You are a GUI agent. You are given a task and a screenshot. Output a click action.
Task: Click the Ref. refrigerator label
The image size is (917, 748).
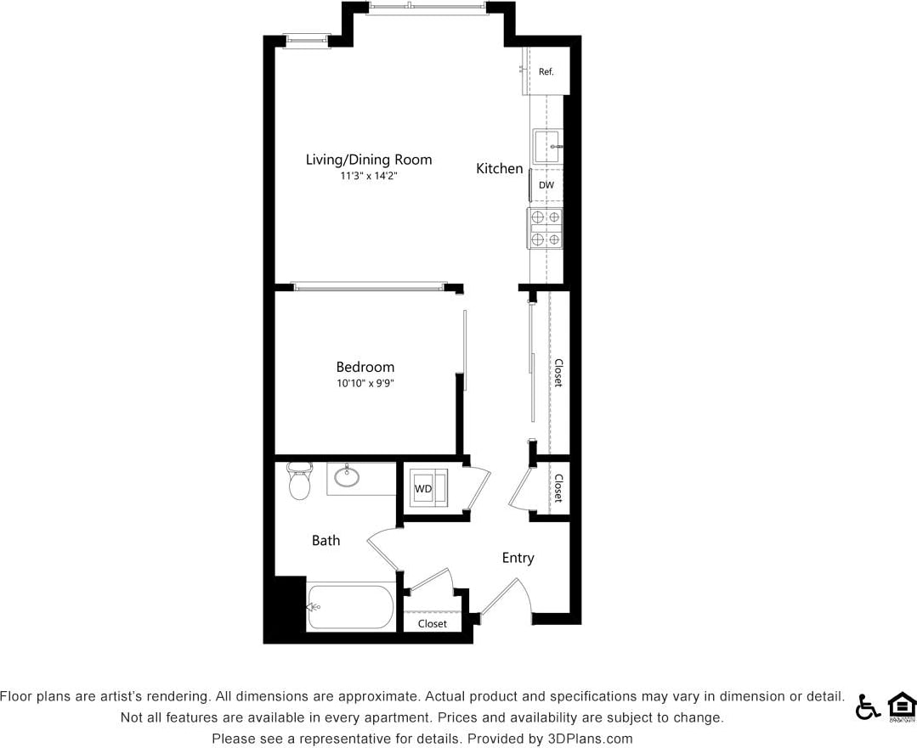tap(546, 72)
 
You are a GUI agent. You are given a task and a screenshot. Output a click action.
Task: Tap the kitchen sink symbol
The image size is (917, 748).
tap(547, 147)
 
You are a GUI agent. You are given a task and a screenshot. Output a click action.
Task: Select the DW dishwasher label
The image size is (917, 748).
tap(546, 185)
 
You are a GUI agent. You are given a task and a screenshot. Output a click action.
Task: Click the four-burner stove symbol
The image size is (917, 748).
tap(545, 228)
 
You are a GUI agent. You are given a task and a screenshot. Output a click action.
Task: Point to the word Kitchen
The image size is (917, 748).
tap(499, 169)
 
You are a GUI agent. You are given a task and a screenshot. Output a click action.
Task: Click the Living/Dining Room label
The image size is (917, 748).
tap(369, 160)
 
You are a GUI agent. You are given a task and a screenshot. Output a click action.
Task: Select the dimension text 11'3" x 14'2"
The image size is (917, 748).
tap(369, 177)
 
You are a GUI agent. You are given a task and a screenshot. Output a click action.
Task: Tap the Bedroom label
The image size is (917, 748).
tap(365, 367)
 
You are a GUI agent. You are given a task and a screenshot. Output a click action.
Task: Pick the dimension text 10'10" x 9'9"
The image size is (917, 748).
tap(365, 384)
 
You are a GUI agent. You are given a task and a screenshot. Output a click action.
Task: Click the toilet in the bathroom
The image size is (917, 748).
tap(298, 481)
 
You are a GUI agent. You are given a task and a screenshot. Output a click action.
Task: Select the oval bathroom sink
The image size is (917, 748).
tap(347, 476)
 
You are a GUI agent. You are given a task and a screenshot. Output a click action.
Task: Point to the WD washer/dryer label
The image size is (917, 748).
tap(422, 489)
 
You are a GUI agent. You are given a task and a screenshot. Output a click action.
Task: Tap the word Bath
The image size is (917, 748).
tap(325, 540)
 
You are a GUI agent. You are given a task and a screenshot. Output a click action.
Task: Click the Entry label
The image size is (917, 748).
tap(518, 558)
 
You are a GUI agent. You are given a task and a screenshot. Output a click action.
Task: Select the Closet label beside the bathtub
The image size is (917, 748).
tap(432, 624)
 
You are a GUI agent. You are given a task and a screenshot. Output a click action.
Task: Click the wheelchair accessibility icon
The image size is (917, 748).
tap(867, 706)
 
